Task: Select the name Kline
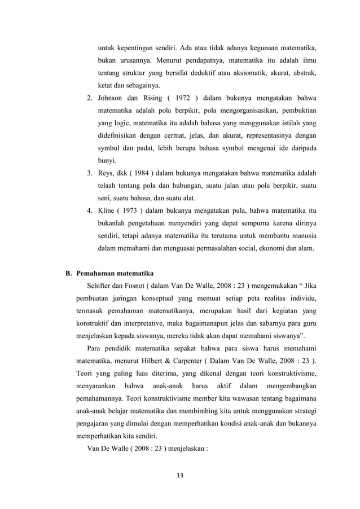coord(107,210)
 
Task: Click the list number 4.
coord(89,210)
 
